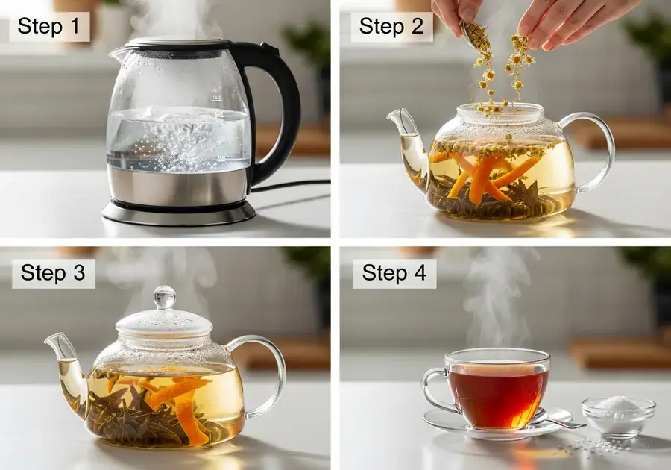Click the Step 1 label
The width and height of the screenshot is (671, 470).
pos(48,26)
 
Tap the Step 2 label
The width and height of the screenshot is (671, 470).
pos(391,26)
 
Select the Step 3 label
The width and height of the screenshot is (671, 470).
pos(53,272)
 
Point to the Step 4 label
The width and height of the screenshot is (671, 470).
pos(394,272)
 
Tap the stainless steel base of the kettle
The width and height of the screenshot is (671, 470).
pos(177,192)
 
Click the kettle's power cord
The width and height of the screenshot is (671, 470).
pos(291,184)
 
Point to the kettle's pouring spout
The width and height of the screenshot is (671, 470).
pos(118,53)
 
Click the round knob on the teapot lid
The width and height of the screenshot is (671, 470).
pos(165,297)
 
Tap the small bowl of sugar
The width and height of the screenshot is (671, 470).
pos(619,416)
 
